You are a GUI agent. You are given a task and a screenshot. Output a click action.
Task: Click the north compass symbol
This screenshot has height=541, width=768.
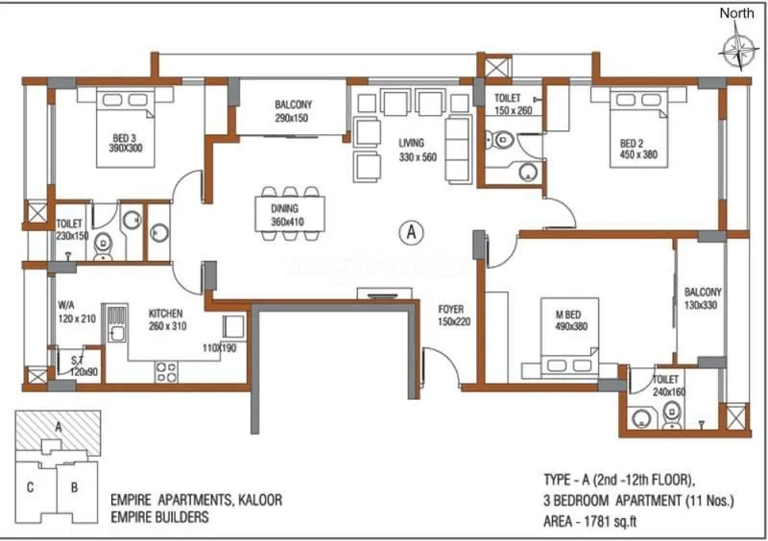pos(739,46)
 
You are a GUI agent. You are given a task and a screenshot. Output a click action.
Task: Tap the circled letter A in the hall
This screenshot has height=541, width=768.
pos(411,231)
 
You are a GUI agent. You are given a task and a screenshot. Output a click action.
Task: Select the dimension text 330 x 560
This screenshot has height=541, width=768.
pos(418,156)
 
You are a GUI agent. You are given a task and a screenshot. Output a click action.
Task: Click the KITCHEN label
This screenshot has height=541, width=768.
pos(166,313)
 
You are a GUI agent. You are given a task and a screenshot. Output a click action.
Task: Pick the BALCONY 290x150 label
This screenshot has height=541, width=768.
pos(292,111)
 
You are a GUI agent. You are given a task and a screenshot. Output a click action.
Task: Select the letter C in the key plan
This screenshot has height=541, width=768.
pos(31,486)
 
